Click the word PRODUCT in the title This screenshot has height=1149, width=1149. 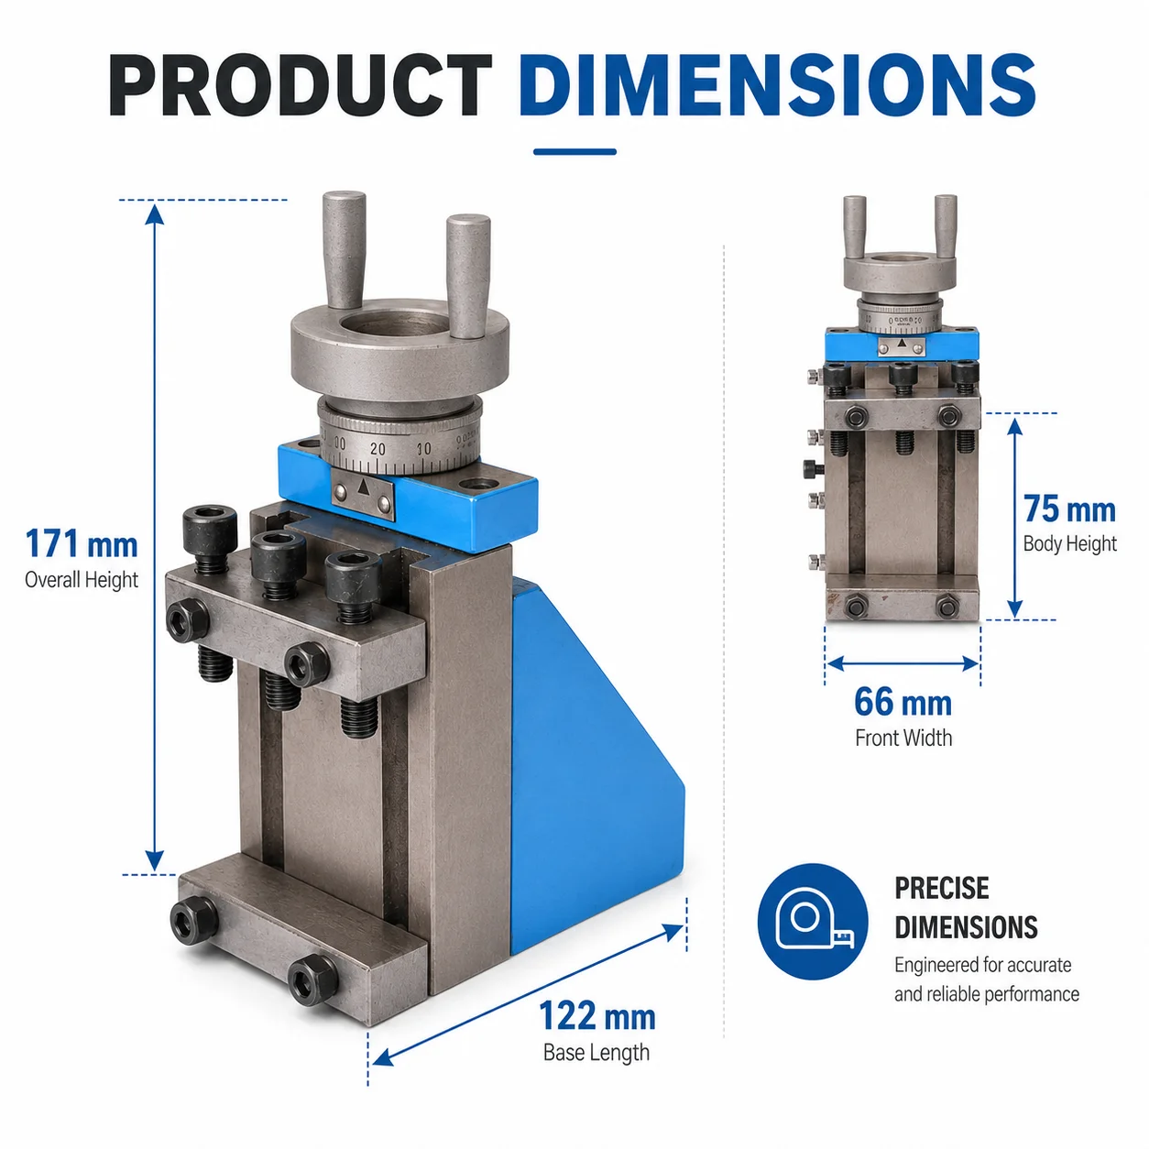[300, 85]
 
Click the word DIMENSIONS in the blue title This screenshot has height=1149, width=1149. [778, 85]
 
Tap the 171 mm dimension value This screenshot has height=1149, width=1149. [82, 543]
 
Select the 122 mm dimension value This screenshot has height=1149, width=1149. [597, 1015]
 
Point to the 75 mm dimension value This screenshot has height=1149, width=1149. [1069, 509]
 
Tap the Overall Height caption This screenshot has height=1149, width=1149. [82, 580]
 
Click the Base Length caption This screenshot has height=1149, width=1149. [596, 1053]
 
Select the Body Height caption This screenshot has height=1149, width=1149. [1069, 543]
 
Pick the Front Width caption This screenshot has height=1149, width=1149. [903, 738]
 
